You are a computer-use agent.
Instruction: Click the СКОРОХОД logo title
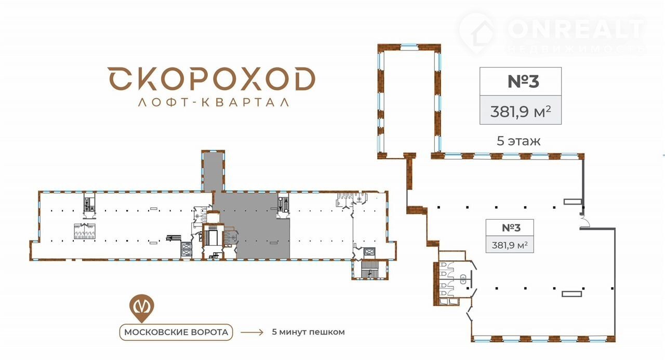(x=211, y=78)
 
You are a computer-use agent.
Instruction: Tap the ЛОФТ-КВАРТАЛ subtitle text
(x=214, y=102)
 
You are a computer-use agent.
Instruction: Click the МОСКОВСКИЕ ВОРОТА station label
(x=176, y=332)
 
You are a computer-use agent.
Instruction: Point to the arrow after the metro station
(x=252, y=332)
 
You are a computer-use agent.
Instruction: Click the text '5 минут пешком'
(x=308, y=332)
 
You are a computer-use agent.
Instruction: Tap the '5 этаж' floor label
(x=518, y=141)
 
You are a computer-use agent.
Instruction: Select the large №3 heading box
(x=521, y=82)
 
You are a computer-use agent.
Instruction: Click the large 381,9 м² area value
(x=521, y=112)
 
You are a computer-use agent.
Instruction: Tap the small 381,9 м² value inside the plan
(x=510, y=245)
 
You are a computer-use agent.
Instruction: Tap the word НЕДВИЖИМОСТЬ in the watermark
(x=576, y=49)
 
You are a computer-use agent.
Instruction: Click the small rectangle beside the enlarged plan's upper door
(x=573, y=202)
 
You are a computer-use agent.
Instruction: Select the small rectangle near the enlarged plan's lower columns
(x=571, y=294)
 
